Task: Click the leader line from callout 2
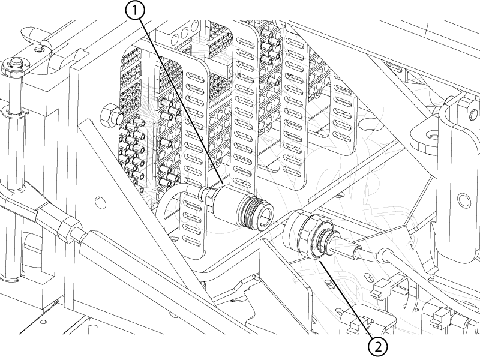click(348, 300)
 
